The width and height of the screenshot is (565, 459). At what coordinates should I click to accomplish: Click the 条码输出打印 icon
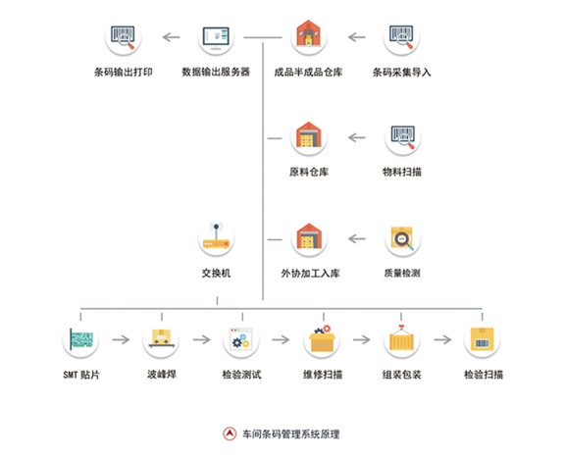(124, 39)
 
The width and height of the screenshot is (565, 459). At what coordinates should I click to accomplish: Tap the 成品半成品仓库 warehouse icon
(309, 39)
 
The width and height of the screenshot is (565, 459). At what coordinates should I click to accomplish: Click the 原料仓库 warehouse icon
(309, 138)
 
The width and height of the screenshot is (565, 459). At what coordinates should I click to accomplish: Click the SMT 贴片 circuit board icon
(79, 340)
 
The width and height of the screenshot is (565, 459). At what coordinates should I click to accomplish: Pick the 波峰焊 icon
(161, 340)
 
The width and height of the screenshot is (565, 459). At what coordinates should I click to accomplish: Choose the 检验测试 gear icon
(241, 340)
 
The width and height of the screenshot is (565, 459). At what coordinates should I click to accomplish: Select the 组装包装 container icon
(402, 340)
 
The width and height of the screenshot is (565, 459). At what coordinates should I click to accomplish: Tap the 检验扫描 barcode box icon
(483, 340)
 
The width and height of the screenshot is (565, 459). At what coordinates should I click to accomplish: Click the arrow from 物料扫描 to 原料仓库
(356, 138)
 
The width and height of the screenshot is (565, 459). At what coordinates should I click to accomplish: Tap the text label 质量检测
(402, 274)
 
